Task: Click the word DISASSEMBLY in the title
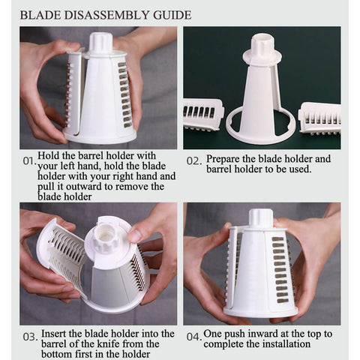pyautogui.click(x=106, y=15)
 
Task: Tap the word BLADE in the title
pyautogui.click(x=40, y=15)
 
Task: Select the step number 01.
pyautogui.click(x=28, y=161)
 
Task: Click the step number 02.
pyautogui.click(x=194, y=161)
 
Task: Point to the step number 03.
pyautogui.click(x=30, y=337)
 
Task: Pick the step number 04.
pyautogui.click(x=194, y=337)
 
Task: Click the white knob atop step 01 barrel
pyautogui.click(x=100, y=43)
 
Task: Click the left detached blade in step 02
pyautogui.click(x=203, y=114)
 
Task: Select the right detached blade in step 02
pyautogui.click(x=320, y=118)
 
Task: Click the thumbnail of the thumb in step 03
pyautogui.click(x=135, y=235)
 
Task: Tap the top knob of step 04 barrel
pyautogui.click(x=261, y=217)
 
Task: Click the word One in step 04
pyautogui.click(x=211, y=334)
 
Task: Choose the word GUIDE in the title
pyautogui.click(x=172, y=15)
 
